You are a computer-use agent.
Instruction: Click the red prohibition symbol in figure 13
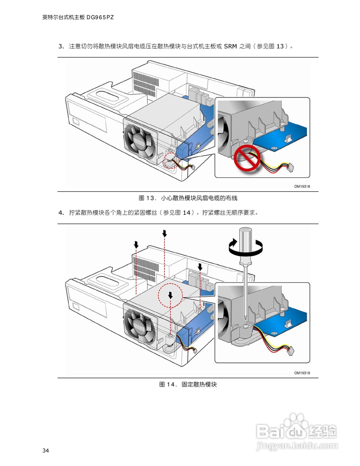click(x=247, y=158)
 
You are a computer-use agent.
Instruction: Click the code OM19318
click(x=302, y=186)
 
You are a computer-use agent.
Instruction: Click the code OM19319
click(x=302, y=373)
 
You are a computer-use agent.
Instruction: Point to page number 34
click(x=46, y=450)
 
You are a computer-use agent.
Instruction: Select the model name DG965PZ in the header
click(x=100, y=17)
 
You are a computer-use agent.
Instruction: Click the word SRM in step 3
click(x=230, y=46)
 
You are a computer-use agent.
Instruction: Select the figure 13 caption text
click(x=188, y=198)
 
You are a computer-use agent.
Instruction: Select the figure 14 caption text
click(x=188, y=384)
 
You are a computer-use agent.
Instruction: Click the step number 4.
click(x=61, y=213)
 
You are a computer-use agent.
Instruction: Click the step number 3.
click(x=61, y=46)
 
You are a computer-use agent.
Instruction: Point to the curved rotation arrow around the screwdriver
click(x=245, y=247)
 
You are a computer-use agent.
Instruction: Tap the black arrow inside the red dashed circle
click(x=170, y=295)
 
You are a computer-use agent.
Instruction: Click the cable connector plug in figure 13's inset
click(x=291, y=167)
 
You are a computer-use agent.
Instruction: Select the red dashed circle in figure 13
click(x=170, y=161)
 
